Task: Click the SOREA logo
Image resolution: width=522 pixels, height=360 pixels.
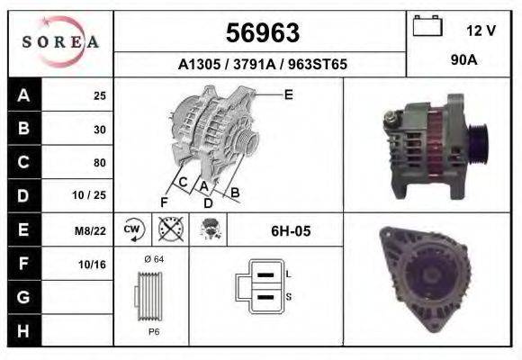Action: point(60,42)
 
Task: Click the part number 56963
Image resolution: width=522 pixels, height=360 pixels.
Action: point(262,33)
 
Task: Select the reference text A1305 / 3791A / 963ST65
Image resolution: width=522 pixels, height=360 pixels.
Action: point(262,65)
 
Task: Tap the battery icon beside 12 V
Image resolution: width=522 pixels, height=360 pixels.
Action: point(426,27)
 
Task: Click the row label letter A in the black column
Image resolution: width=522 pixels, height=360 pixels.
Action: point(22,95)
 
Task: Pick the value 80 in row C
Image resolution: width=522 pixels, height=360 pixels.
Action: point(99,163)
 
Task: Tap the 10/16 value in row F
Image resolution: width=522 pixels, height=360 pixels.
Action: point(93,264)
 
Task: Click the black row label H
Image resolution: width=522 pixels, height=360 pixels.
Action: point(22,331)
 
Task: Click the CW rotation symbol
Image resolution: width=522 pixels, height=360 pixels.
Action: point(133,230)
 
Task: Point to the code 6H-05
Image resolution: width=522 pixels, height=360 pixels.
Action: point(290,230)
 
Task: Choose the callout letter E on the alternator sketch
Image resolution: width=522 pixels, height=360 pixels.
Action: point(288,94)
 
